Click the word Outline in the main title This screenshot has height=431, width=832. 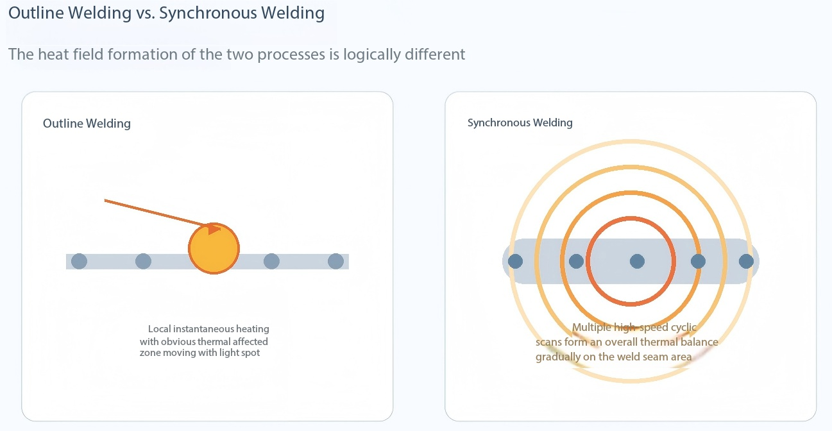[x=36, y=13]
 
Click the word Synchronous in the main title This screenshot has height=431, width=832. [x=208, y=13]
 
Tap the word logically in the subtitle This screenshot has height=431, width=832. [x=372, y=55]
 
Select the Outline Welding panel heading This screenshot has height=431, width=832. [x=87, y=123]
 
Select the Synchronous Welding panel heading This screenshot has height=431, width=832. [x=520, y=123]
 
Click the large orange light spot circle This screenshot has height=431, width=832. [x=214, y=248]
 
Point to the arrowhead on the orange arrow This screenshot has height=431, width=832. [x=214, y=228]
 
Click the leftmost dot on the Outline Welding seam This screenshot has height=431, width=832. [x=79, y=261]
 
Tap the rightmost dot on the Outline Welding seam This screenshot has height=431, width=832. [x=335, y=261]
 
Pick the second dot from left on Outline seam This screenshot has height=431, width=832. [x=144, y=261]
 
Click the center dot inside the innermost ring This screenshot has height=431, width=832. [x=638, y=261]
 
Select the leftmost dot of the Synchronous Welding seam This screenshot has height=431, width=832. [x=515, y=261]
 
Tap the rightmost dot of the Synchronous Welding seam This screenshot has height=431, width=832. [x=746, y=261]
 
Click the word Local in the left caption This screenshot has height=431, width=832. [x=159, y=329]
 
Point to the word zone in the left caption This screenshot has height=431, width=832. [x=150, y=353]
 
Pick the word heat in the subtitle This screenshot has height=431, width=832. [x=53, y=55]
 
